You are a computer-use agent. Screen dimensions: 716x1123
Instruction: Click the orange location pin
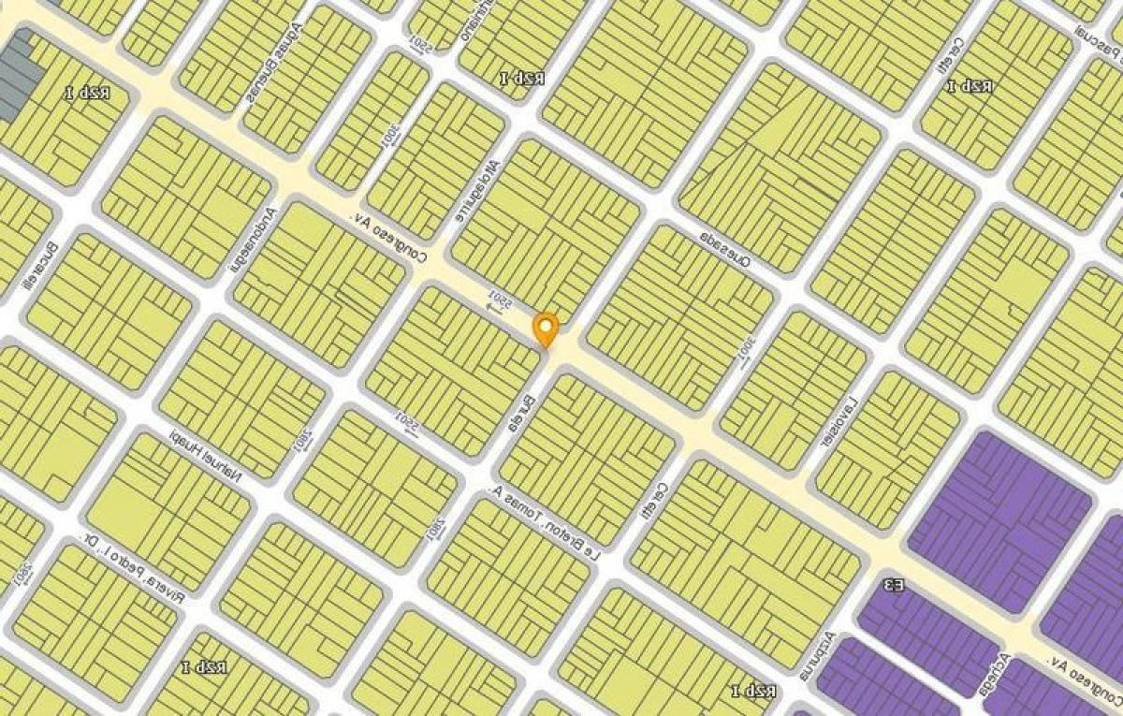point(546,329)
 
